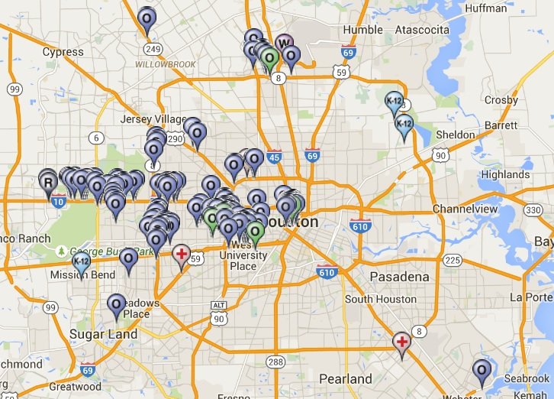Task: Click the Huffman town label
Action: [x=485, y=8]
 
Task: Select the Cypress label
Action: [x=63, y=52]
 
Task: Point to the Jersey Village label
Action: [x=153, y=119]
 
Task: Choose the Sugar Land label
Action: [x=103, y=334]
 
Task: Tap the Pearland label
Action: [x=346, y=378]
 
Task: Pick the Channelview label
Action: [x=465, y=209]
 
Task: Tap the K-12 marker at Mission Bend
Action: [x=81, y=264]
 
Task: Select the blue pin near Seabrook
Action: [x=482, y=371]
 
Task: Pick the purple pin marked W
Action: [x=284, y=43]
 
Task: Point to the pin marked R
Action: [x=49, y=182]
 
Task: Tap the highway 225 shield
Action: [x=452, y=261]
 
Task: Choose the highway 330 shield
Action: [x=533, y=209]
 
